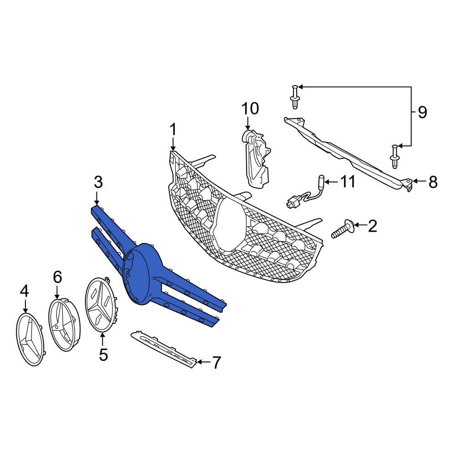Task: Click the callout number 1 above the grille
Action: pos(173,130)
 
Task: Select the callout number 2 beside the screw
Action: pos(372,226)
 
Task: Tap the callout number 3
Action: pos(98,182)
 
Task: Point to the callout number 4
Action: pos(25,291)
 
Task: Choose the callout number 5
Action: pos(103,355)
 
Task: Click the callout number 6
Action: pos(57,277)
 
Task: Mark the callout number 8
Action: pos(433,182)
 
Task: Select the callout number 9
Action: pos(423,112)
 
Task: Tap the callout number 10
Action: pos(250,108)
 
